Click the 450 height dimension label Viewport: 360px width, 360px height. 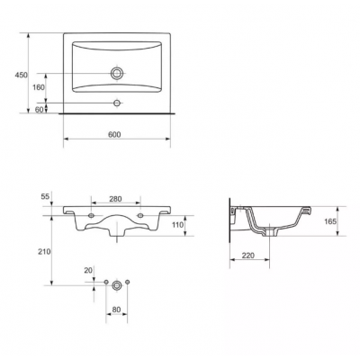[x=21, y=75]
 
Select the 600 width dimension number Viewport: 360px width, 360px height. [x=114, y=135]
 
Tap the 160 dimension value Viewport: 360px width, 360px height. [x=39, y=87]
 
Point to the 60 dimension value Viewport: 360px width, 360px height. [x=40, y=110]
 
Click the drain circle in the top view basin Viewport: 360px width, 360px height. [x=117, y=73]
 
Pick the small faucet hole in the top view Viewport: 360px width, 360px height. [x=117, y=103]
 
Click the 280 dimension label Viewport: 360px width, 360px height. [x=115, y=199]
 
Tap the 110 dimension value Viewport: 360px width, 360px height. [x=177, y=224]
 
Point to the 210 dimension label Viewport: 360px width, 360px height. [x=45, y=252]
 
